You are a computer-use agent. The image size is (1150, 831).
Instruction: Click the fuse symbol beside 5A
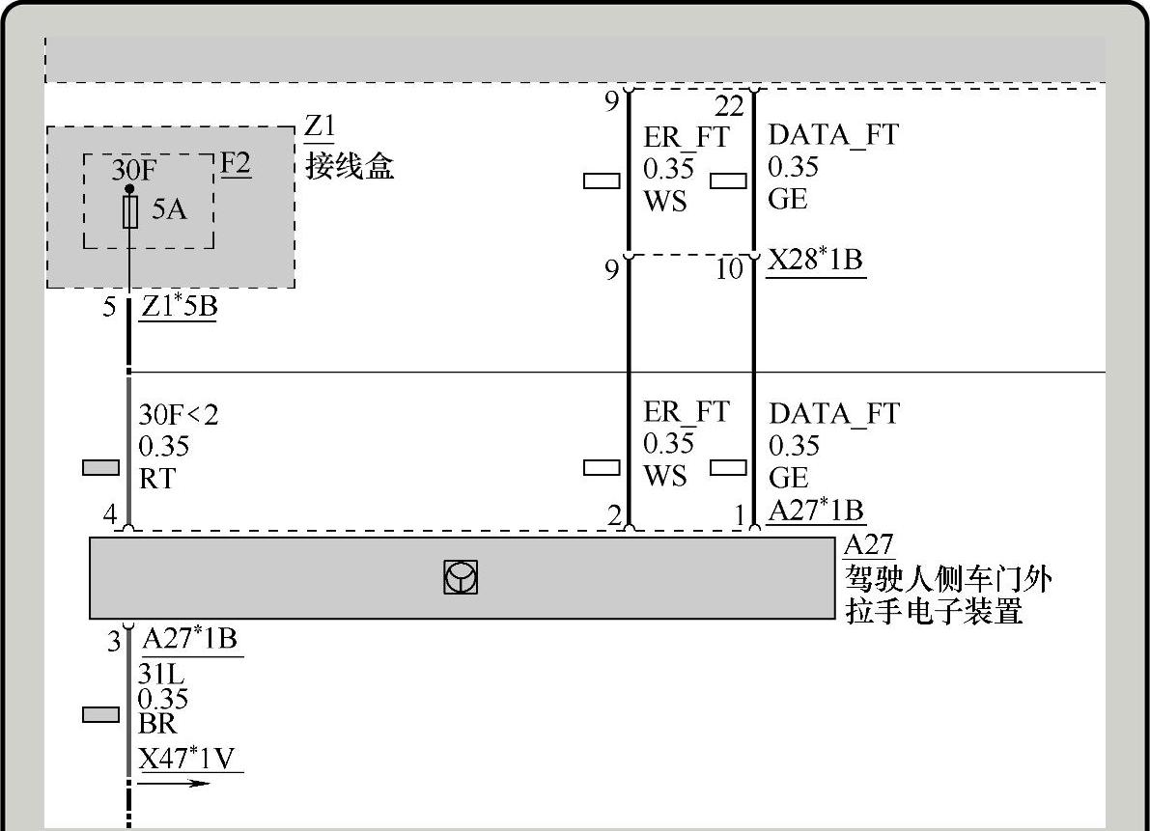(130, 212)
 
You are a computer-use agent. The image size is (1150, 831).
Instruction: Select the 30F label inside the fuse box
(133, 171)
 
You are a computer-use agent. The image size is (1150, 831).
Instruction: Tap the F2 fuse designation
(236, 163)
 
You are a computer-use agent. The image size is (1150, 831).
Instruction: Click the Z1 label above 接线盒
(320, 127)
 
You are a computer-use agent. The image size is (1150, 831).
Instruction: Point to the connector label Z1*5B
(179, 307)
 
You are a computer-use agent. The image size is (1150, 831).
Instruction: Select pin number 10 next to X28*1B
(730, 269)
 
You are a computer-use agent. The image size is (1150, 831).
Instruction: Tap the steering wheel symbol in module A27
(461, 577)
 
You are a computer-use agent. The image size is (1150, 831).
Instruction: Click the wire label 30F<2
(179, 415)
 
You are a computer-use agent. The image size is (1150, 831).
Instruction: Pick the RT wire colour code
(157, 479)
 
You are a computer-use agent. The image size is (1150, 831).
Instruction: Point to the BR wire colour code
(157, 724)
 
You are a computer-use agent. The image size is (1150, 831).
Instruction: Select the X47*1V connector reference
(187, 759)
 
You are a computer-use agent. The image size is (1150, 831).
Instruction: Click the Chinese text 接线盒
(351, 167)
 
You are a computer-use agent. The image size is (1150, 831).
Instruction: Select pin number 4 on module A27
(110, 515)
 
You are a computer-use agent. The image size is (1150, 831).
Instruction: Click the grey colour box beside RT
(100, 468)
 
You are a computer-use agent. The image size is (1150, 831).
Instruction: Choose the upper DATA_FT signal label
(832, 135)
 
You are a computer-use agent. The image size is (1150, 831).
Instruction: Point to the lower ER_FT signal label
(687, 412)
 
